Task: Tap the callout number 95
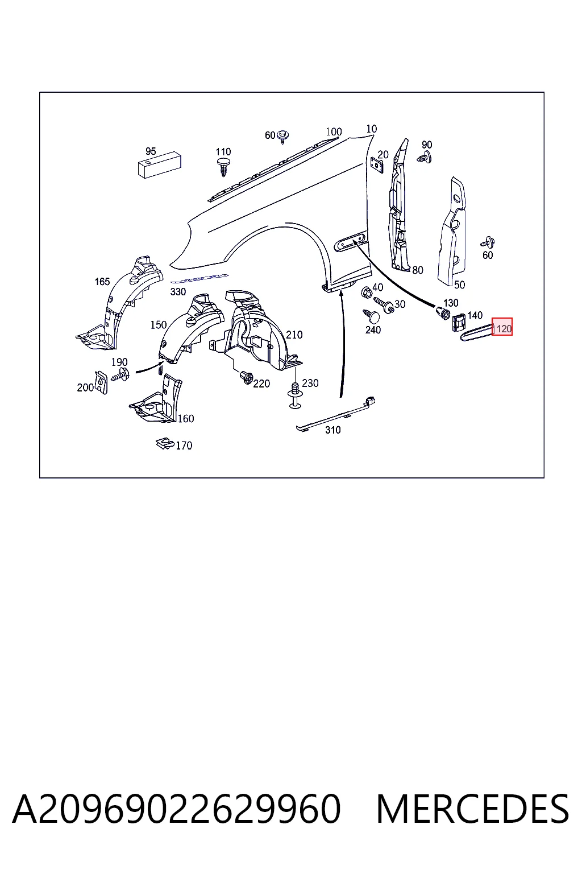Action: click(151, 151)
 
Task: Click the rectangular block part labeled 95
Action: click(160, 166)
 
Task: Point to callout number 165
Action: click(102, 281)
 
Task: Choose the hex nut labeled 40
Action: click(367, 291)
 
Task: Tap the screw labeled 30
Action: click(384, 305)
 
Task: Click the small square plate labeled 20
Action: click(377, 164)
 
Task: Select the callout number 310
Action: click(333, 430)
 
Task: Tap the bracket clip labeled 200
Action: click(101, 382)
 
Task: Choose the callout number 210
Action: click(294, 335)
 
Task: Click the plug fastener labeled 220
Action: click(246, 377)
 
